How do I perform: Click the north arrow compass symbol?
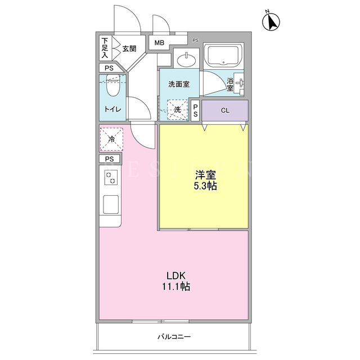(271, 21)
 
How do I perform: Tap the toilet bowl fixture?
(113, 85)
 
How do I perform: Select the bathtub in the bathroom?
(224, 56)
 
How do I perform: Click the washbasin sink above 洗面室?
(186, 60)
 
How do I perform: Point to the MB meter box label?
(159, 43)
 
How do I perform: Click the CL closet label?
(225, 110)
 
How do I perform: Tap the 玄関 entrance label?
(129, 49)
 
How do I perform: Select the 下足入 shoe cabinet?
(106, 48)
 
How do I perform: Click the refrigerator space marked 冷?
(111, 139)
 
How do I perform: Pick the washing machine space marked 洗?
(178, 110)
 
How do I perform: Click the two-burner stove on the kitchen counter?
(111, 178)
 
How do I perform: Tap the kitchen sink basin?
(111, 204)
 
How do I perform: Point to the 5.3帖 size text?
(205, 186)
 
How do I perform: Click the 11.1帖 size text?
(176, 286)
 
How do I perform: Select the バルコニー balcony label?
(174, 337)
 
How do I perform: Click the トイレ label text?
(112, 109)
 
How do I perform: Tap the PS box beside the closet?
(195, 111)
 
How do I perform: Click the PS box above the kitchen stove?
(110, 159)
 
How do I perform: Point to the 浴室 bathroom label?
(230, 84)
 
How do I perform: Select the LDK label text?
(176, 276)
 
